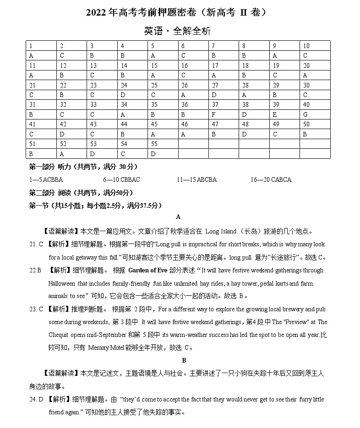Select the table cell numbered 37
pyautogui.click(x=215, y=105)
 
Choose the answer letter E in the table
pyautogui.click(x=275, y=114)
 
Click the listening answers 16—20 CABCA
pyautogui.click(x=271, y=179)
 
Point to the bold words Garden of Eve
pyautogui.click(x=148, y=270)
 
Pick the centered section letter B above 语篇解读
pyautogui.click(x=184, y=361)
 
